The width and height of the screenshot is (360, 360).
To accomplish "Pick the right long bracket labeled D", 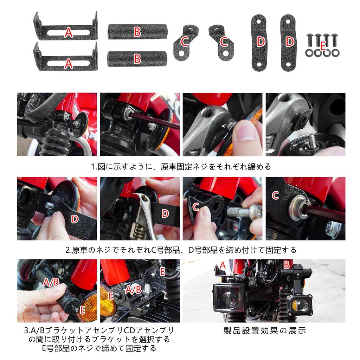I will pyautogui.click(x=289, y=42).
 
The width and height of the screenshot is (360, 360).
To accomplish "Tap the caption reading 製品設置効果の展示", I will pyautogui.click(x=265, y=330).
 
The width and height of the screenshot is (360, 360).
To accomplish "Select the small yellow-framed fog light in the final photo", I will pyautogui.click(x=299, y=305).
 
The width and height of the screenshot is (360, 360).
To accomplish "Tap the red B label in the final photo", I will pyautogui.click(x=287, y=265).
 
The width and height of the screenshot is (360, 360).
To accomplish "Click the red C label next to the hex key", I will pyautogui.click(x=276, y=195).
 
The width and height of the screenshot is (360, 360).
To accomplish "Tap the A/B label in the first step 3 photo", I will pyautogui.click(x=51, y=282).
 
